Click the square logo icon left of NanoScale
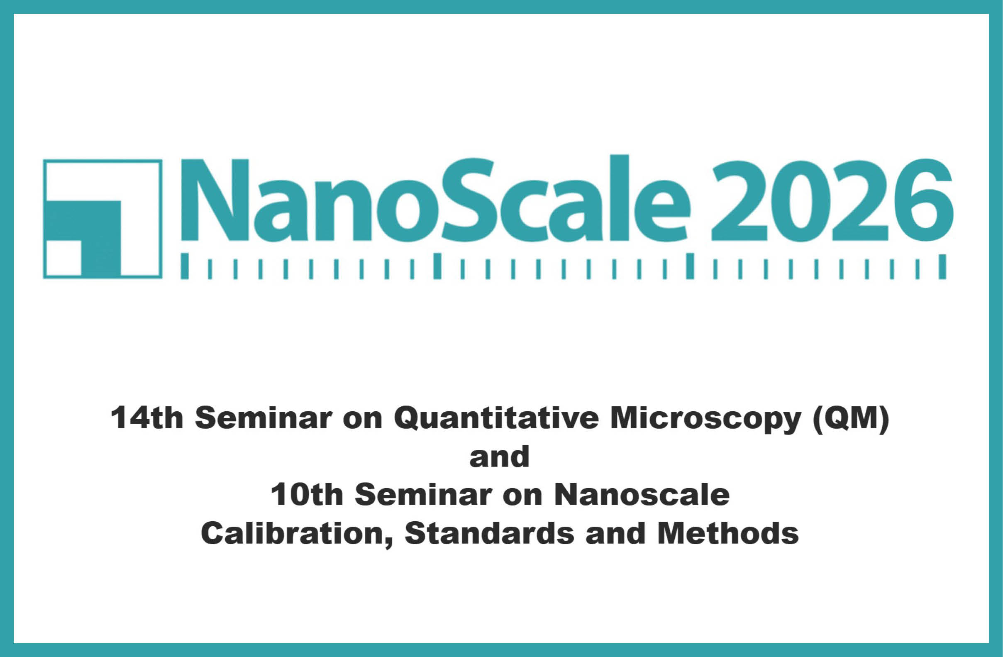coord(102,219)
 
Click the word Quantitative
coord(496,418)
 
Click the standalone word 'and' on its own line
coord(499,457)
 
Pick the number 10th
coord(307,494)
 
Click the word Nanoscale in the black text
coord(642,494)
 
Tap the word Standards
coord(489,533)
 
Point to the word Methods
coord(728,533)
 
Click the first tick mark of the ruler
coord(185,266)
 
